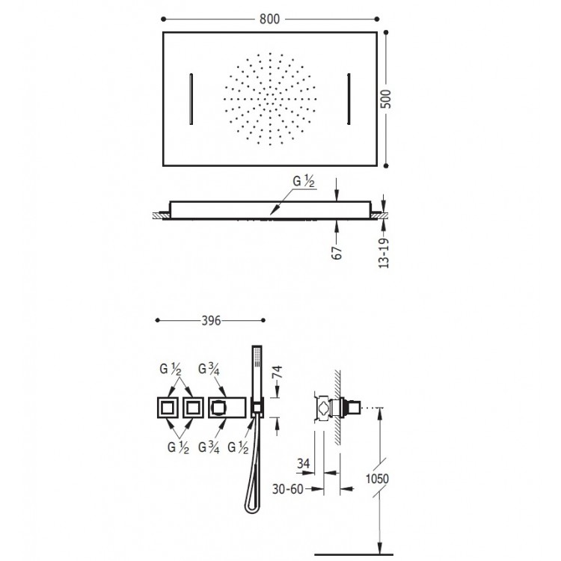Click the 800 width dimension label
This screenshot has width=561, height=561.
tap(269, 19)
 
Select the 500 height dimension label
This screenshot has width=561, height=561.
tap(386, 99)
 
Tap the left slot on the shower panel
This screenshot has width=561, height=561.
tap(191, 99)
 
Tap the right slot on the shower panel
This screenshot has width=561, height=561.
tap(349, 99)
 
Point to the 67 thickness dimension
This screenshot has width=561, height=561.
tap(337, 253)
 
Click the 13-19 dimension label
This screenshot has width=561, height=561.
tap(384, 253)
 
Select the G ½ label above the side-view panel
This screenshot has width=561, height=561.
tap(304, 182)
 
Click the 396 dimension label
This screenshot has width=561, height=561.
tap(211, 321)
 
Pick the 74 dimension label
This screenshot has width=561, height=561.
tap(278, 372)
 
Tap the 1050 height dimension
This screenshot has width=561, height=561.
tap(377, 479)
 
